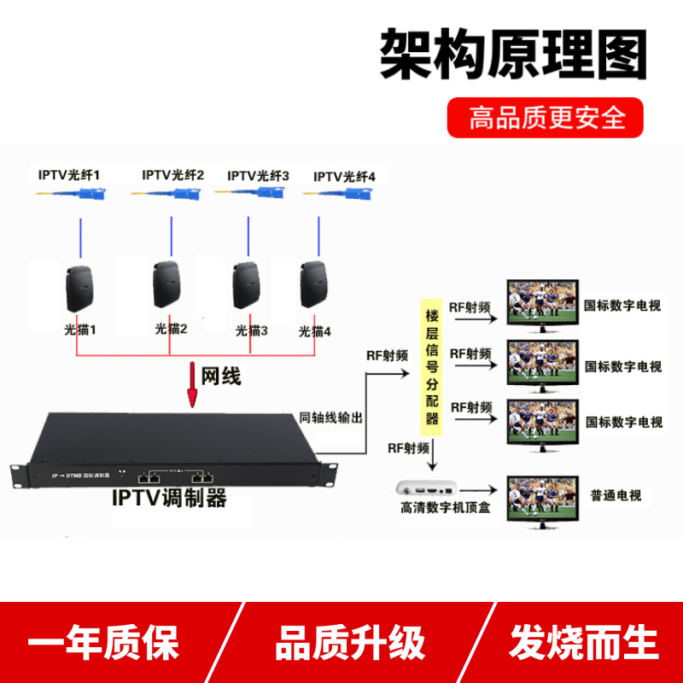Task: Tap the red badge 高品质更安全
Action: click(x=546, y=117)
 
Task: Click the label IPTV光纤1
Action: click(x=69, y=175)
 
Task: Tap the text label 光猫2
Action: click(x=171, y=328)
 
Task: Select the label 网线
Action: click(x=221, y=377)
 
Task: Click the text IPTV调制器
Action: click(x=170, y=498)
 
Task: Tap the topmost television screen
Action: click(x=541, y=304)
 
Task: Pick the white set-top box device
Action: click(x=427, y=489)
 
